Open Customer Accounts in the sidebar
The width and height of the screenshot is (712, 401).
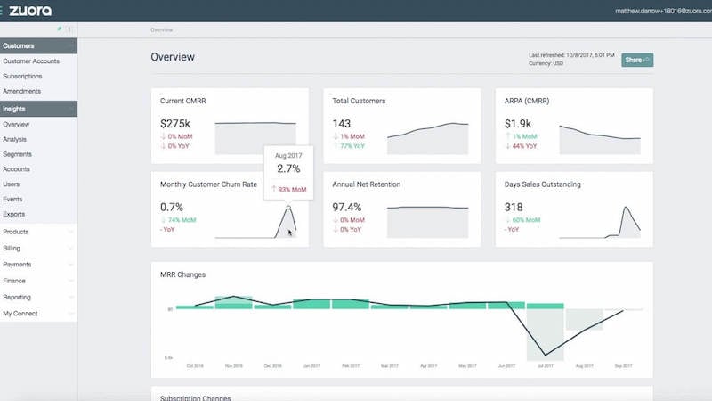[x=31, y=61]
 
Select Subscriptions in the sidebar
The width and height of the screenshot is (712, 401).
[x=22, y=77]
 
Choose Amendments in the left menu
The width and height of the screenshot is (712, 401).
[x=22, y=91]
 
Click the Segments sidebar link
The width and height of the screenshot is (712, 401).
[x=17, y=154]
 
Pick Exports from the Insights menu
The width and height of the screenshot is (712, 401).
[x=13, y=214]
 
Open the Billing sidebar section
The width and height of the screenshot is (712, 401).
[x=12, y=248]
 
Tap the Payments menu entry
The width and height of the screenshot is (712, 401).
[x=17, y=265]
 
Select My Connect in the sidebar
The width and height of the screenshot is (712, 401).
[x=20, y=314]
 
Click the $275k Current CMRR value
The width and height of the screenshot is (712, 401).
[x=177, y=124]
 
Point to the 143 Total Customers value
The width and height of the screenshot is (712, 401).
[x=342, y=124]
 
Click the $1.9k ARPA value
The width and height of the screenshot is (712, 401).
[x=519, y=124]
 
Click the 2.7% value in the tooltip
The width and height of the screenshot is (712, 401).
[x=288, y=168]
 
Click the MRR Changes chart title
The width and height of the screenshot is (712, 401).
[x=182, y=274]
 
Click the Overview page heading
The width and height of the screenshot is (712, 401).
[x=173, y=58]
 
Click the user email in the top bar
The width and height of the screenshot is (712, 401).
[x=663, y=11]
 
